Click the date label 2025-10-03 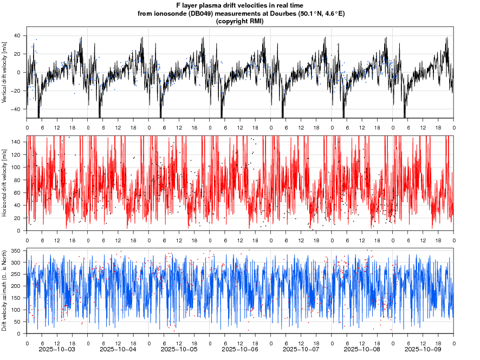pos(57,351)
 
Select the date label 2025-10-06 pos(240,351)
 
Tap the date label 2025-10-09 pos(423,351)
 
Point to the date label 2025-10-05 pos(179,351)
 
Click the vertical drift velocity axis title pos(5,72)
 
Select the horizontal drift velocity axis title pos(5,183)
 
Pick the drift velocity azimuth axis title pos(5,291)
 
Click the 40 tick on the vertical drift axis pos(17,36)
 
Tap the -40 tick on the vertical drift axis pos(16,109)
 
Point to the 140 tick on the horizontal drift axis pos(15,142)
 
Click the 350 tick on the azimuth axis pos(15,251)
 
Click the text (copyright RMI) pos(240,21)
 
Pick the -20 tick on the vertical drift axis pos(16,91)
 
